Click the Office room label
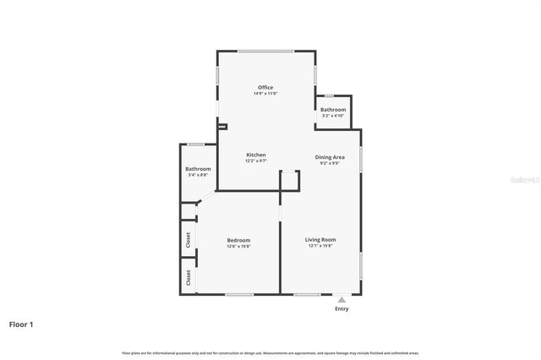pyautogui.click(x=265, y=87)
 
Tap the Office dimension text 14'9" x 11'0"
pyautogui.click(x=265, y=94)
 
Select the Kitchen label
pyautogui.click(x=256, y=155)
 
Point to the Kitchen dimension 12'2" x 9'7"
pyautogui.click(x=256, y=161)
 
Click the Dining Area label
pyautogui.click(x=329, y=157)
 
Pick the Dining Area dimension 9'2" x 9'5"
pyautogui.click(x=329, y=164)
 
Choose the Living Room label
pyautogui.click(x=320, y=240)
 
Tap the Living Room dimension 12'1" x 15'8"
pyautogui.click(x=320, y=247)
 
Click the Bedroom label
pyautogui.click(x=238, y=240)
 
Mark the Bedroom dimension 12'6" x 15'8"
pyautogui.click(x=238, y=247)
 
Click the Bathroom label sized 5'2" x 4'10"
pyautogui.click(x=332, y=110)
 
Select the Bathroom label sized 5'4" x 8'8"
pyautogui.click(x=198, y=170)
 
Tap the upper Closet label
pyautogui.click(x=189, y=240)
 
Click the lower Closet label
pyautogui.click(x=189, y=277)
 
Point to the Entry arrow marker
pyautogui.click(x=342, y=299)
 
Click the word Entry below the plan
pyautogui.click(x=342, y=309)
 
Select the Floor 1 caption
pyautogui.click(x=22, y=324)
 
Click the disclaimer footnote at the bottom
pyautogui.click(x=270, y=352)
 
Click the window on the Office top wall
pyautogui.click(x=265, y=52)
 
